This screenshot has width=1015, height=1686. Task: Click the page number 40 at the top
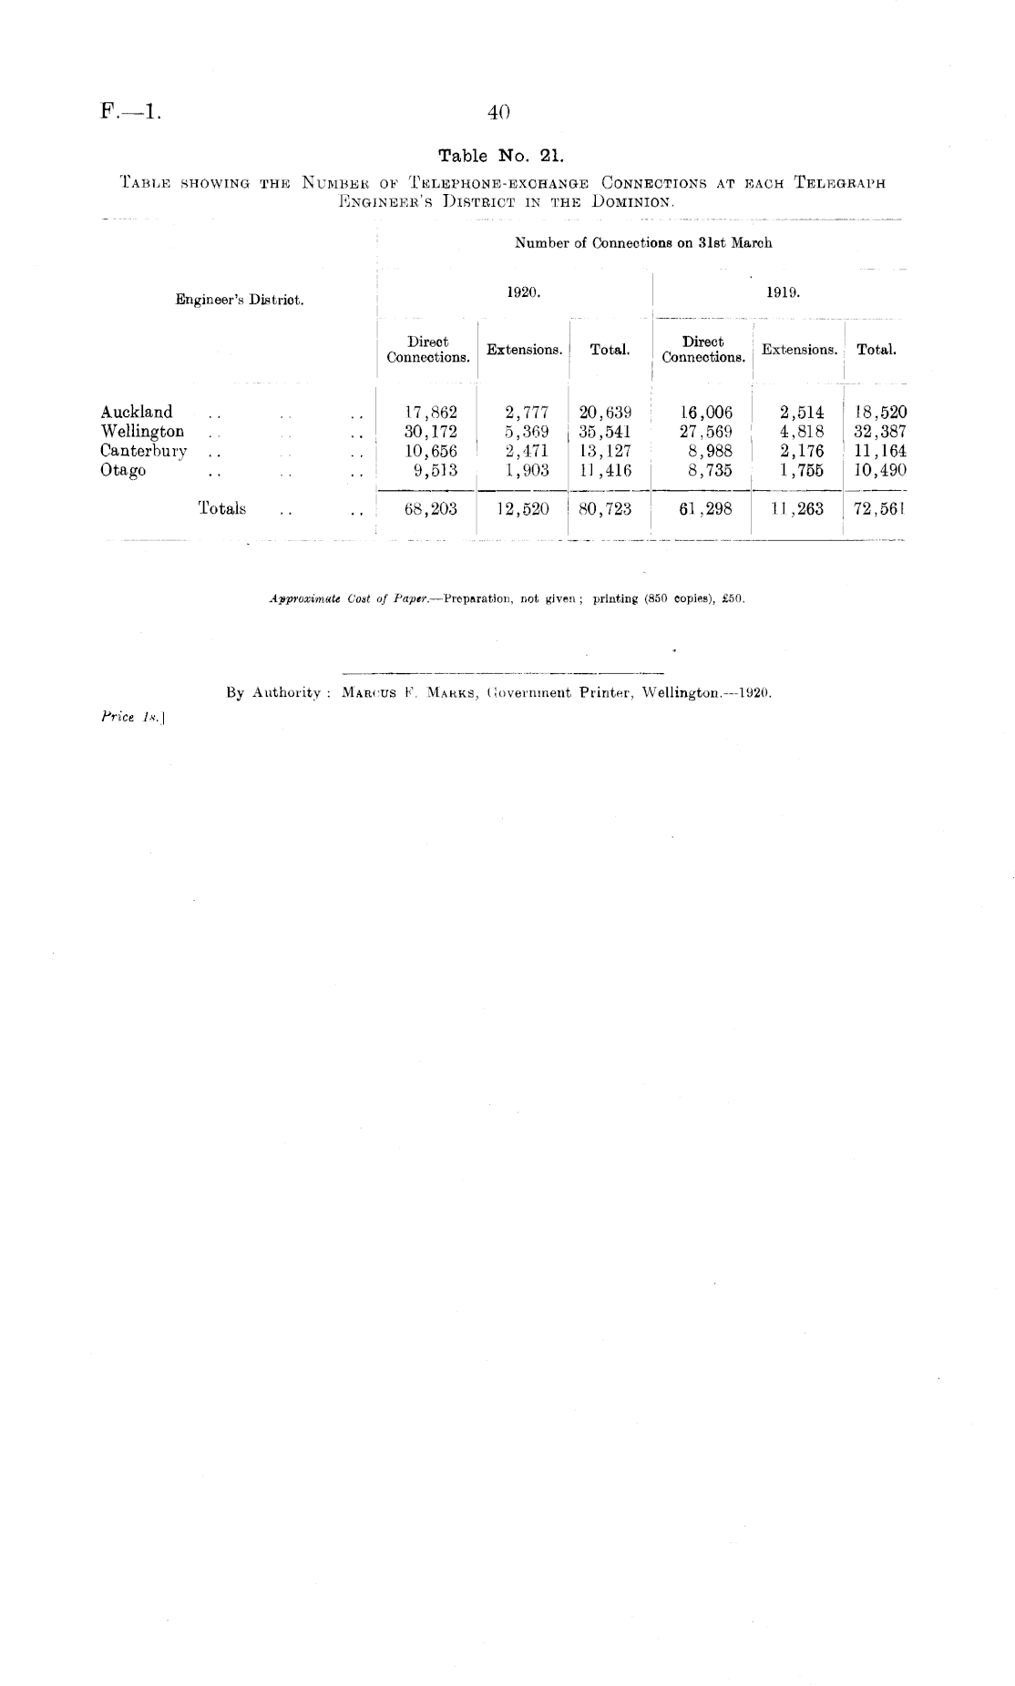click(x=498, y=112)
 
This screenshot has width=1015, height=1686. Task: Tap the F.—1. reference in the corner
click(x=130, y=113)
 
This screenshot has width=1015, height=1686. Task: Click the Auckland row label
click(x=137, y=412)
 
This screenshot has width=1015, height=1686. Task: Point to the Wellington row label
click(x=142, y=431)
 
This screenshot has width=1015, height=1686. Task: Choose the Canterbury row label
click(x=143, y=451)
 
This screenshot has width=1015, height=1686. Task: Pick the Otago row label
click(x=123, y=471)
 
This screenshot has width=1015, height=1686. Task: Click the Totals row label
click(x=221, y=508)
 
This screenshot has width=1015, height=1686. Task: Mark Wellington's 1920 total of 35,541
click(x=605, y=432)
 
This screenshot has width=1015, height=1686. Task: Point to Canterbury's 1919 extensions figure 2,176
click(x=795, y=451)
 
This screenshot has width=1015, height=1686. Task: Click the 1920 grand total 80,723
click(x=605, y=509)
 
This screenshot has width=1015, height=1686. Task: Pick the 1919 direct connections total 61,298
click(x=705, y=509)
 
